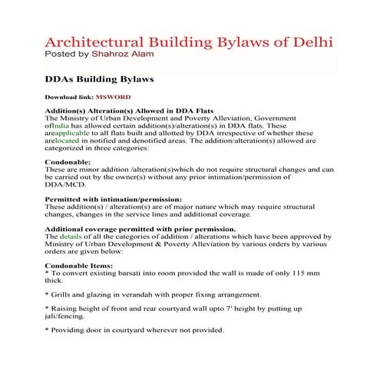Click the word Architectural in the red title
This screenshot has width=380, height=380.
[x=86, y=41]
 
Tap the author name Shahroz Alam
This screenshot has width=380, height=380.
[x=131, y=55]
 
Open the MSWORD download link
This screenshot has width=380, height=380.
[x=113, y=98]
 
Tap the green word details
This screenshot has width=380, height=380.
[x=71, y=236]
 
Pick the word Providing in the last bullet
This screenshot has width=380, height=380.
[x=69, y=330]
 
